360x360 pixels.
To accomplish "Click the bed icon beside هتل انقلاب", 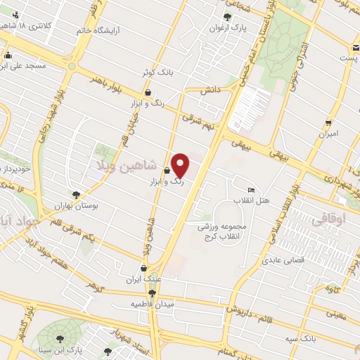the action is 250,190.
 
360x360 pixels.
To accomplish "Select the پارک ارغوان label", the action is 226,29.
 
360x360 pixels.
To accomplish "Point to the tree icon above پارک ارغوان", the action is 226,18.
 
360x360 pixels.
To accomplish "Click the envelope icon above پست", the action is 356,47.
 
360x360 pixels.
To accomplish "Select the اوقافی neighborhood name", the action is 328,219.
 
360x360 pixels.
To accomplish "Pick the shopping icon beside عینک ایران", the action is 143,268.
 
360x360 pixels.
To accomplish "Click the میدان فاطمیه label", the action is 151,304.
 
